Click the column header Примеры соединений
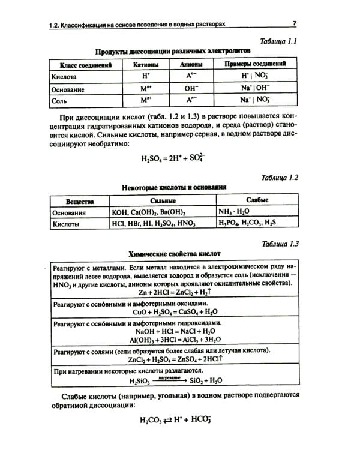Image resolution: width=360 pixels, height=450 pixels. (x=254, y=64)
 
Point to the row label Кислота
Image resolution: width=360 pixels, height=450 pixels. (x=64, y=77)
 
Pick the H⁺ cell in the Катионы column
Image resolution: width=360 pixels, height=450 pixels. (x=145, y=77)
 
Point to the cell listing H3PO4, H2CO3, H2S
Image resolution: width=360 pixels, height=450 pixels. (x=248, y=223)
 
